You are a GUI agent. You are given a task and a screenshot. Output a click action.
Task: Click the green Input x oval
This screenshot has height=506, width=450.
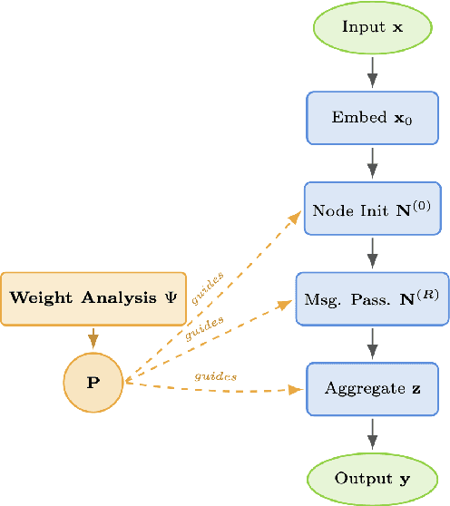[372, 27]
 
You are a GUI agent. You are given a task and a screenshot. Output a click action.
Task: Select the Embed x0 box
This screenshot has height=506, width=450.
[372, 118]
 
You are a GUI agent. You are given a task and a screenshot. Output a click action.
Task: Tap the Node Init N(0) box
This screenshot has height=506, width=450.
[372, 209]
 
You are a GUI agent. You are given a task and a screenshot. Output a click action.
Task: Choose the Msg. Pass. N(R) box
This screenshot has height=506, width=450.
[372, 298]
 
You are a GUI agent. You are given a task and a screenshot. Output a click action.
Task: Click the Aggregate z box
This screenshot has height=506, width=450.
[372, 388]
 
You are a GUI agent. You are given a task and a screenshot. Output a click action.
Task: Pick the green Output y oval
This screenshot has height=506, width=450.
[372, 478]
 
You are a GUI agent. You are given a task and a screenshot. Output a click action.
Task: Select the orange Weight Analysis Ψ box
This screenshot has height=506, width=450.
[93, 298]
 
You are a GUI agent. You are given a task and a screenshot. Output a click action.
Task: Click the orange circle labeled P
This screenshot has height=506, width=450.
[93, 382]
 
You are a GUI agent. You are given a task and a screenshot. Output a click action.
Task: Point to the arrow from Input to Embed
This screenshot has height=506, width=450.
[372, 73]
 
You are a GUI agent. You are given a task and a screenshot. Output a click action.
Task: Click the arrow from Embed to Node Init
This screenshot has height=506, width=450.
[372, 163]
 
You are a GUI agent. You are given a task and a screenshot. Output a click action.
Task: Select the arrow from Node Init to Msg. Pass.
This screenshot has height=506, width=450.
[372, 253]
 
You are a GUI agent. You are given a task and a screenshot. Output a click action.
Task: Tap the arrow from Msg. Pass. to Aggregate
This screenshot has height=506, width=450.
[372, 343]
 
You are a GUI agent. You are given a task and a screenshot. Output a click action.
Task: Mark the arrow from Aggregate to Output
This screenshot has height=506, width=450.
[372, 433]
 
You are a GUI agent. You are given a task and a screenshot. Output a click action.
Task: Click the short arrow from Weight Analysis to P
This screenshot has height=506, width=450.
[93, 336]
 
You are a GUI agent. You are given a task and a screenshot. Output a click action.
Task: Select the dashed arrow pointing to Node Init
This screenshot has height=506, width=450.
[227, 281]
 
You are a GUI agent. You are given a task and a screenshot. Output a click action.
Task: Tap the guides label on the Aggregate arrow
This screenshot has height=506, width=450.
[214, 375]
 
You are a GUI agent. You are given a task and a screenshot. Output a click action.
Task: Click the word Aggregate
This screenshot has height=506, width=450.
[363, 388]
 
